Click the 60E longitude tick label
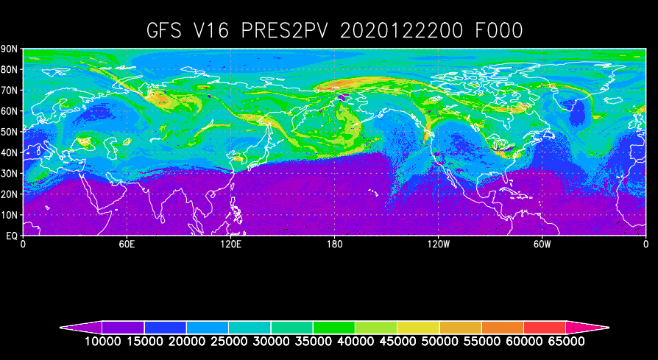(127, 244)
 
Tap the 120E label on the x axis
(230, 244)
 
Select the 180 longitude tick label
(334, 244)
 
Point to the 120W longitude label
(438, 244)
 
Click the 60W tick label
(542, 244)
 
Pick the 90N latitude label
(10, 49)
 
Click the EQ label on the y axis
(12, 236)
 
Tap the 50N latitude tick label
(10, 132)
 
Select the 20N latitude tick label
(10, 194)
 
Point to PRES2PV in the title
(299, 31)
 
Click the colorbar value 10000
(102, 342)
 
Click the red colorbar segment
(545, 326)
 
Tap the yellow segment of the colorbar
(418, 326)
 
